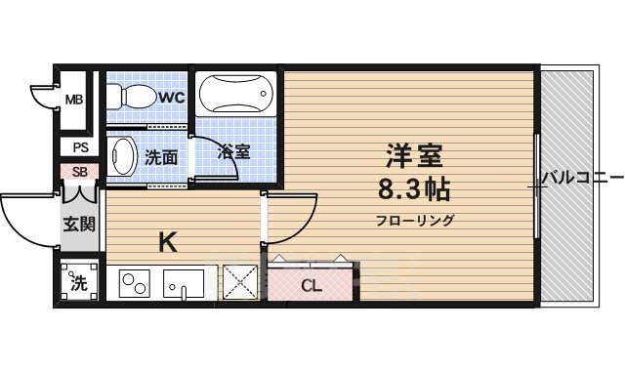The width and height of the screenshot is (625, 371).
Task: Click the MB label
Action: (x=73, y=100)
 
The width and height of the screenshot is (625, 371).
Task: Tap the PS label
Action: (x=79, y=147)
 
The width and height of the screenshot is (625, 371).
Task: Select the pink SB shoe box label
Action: (x=79, y=173)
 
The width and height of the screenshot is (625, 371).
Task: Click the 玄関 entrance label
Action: (x=79, y=225)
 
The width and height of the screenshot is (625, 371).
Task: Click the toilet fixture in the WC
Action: (x=130, y=96)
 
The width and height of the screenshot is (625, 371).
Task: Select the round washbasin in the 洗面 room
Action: (x=122, y=155)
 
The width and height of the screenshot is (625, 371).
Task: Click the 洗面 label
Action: (x=161, y=155)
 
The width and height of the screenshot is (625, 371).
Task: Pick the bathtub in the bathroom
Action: (x=234, y=96)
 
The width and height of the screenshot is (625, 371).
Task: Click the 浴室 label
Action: (x=234, y=152)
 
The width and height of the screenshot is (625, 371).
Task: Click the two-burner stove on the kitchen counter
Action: (x=134, y=285)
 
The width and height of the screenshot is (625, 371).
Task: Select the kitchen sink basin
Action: (x=184, y=285)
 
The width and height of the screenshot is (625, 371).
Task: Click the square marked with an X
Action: (x=238, y=284)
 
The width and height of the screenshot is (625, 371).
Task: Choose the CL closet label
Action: (x=310, y=286)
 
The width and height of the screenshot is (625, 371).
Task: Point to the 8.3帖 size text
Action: (x=410, y=187)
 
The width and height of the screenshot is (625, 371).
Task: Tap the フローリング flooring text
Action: (x=415, y=220)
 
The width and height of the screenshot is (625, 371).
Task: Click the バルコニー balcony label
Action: (x=582, y=179)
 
